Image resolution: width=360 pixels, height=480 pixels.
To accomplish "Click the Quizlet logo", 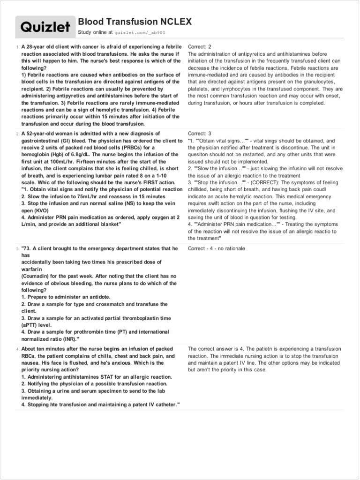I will (45, 28).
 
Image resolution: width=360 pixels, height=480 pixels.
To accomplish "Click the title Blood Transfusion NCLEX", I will (135, 22).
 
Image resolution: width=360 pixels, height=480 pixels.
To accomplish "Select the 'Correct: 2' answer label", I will (200, 47).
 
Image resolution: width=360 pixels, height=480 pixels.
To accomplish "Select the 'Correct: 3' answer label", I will (200, 134).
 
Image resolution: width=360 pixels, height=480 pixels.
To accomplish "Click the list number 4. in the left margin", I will (18, 349).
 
